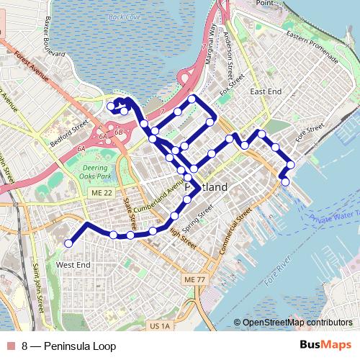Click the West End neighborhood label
click(73, 265)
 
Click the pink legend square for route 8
click(11, 346)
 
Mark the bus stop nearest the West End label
click(68, 244)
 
